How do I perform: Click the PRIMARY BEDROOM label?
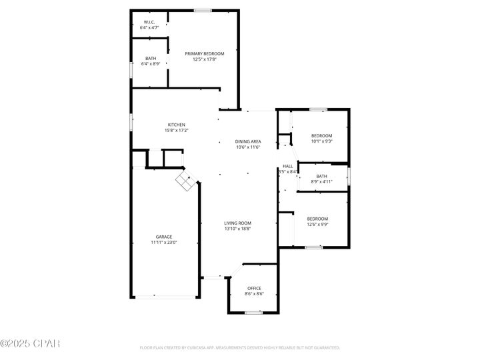tap(205, 53)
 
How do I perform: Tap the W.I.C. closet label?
tap(149, 22)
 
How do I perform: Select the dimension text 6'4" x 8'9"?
tap(151, 63)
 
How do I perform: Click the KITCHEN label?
tap(176, 125)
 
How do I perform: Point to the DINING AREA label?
tap(248, 141)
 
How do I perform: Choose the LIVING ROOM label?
tap(237, 223)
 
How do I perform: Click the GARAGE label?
tap(164, 237)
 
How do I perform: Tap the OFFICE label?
tap(254, 288)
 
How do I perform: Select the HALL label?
tap(288, 166)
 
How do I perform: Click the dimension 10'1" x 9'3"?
tap(321, 141)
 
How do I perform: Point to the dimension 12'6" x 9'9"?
tap(317, 224)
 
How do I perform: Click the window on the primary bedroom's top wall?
tap(203, 10)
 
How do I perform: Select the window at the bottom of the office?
tap(253, 312)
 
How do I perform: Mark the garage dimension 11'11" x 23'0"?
tap(164, 242)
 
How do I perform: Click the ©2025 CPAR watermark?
tap(30, 344)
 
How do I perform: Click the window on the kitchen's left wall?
tap(131, 123)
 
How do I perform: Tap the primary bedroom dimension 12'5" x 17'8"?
tap(205, 59)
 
